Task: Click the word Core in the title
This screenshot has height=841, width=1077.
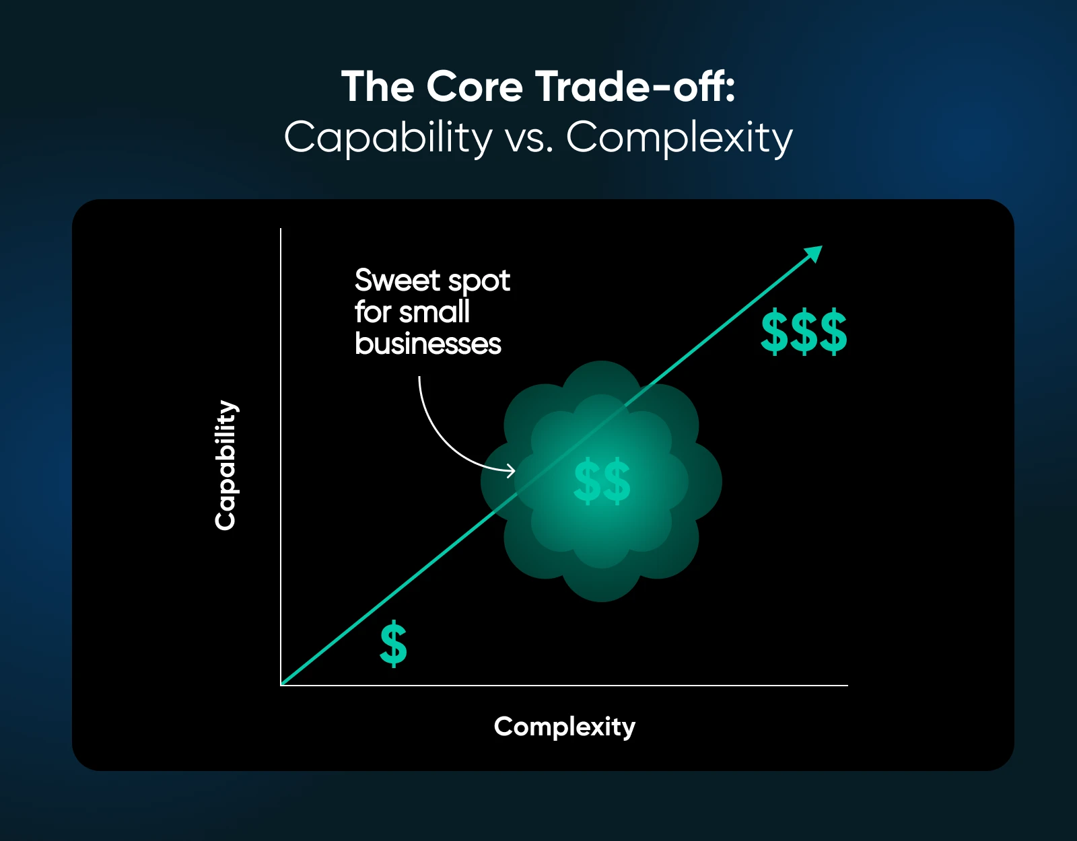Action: pyautogui.click(x=475, y=87)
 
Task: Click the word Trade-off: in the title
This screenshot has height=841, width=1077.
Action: pyautogui.click(x=635, y=87)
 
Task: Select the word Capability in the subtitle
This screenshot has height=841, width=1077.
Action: pyautogui.click(x=388, y=139)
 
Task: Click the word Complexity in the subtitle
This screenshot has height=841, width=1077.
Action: pyautogui.click(x=679, y=139)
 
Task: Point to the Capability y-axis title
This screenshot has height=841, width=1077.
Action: pyautogui.click(x=225, y=465)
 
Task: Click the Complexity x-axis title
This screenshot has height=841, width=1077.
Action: pyautogui.click(x=564, y=727)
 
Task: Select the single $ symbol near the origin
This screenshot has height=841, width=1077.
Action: pyautogui.click(x=393, y=644)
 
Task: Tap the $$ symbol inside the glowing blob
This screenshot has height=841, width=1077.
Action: pyautogui.click(x=602, y=480)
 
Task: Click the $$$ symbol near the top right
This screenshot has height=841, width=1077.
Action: pyautogui.click(x=804, y=332)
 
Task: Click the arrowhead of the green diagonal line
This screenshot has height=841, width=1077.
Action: pyautogui.click(x=815, y=252)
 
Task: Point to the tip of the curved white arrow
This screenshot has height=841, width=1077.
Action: pyautogui.click(x=514, y=470)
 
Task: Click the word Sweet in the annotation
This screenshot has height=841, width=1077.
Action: pyautogui.click(x=397, y=280)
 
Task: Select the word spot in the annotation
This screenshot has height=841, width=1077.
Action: pyautogui.click(x=479, y=281)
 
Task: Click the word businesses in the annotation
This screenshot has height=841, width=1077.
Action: pyautogui.click(x=428, y=344)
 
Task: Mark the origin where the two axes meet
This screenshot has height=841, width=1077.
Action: pyautogui.click(x=281, y=686)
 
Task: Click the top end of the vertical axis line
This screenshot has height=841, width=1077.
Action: pyautogui.click(x=281, y=229)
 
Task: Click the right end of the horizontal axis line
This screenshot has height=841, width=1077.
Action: pyautogui.click(x=847, y=686)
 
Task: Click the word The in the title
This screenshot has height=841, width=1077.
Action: pyautogui.click(x=378, y=87)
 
